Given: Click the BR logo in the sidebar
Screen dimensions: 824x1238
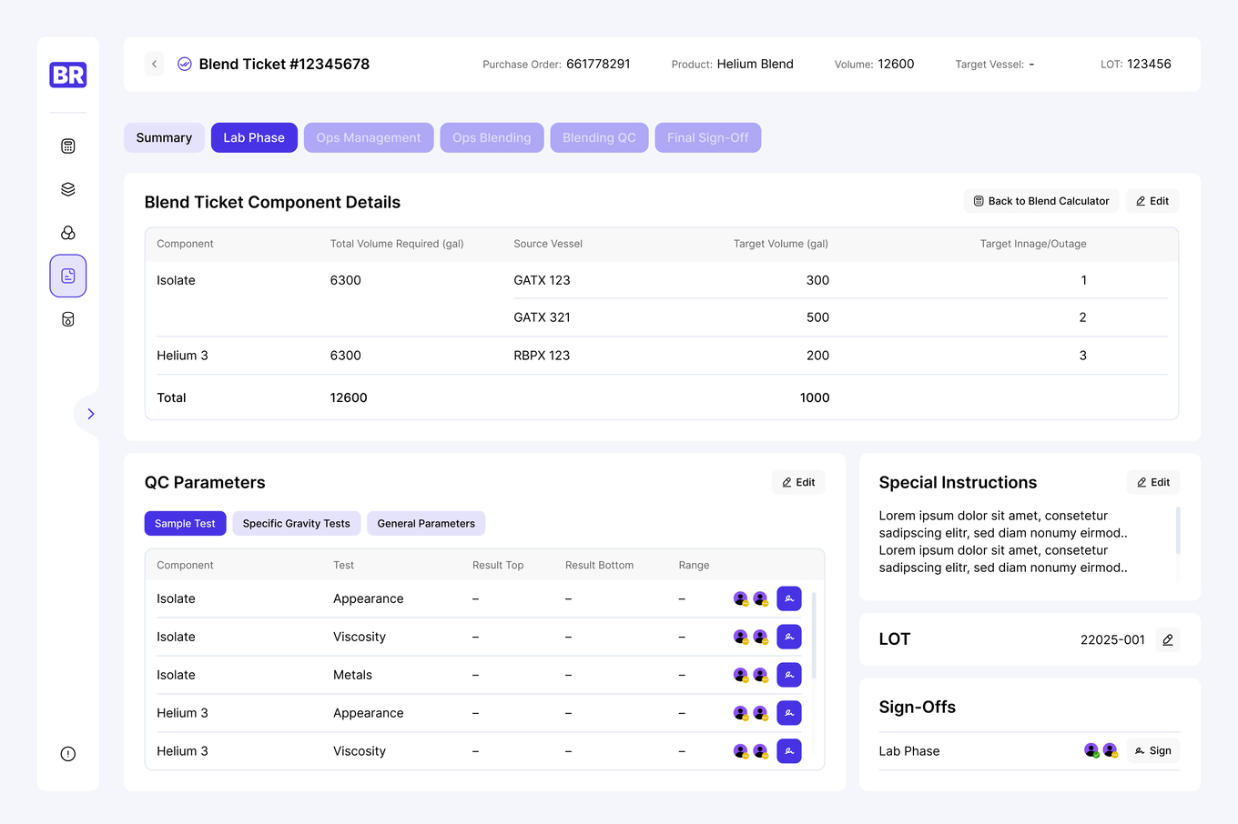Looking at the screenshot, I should click(68, 75).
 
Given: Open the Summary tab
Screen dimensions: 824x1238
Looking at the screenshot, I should click(164, 137).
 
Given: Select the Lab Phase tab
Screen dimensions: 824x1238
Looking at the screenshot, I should click(254, 137).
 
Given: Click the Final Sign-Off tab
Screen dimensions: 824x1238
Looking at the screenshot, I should click(707, 137).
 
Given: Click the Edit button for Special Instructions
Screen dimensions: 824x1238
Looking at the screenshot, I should click(1152, 482).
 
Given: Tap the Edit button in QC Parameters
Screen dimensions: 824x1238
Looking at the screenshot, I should click(798, 482).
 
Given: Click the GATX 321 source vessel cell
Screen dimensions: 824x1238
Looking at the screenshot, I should click(542, 317).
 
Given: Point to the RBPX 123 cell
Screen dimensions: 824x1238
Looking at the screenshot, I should click(542, 356).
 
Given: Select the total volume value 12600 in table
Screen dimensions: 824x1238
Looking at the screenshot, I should click(349, 397).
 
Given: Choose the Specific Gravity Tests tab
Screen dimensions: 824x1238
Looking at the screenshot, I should click(296, 523).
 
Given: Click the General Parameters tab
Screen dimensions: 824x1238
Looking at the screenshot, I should click(426, 523).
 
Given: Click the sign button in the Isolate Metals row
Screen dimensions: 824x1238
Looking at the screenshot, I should click(789, 675).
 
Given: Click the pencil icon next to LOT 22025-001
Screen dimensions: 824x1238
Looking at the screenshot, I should click(1167, 639).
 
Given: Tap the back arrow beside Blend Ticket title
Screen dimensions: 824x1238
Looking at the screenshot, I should click(155, 64).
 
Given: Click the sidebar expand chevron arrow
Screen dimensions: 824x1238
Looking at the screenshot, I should click(90, 414).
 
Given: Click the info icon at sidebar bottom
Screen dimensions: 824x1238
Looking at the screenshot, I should click(68, 754).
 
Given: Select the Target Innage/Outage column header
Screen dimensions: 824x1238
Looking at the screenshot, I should click(1032, 244).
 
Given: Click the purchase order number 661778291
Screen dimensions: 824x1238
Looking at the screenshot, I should click(598, 64).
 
